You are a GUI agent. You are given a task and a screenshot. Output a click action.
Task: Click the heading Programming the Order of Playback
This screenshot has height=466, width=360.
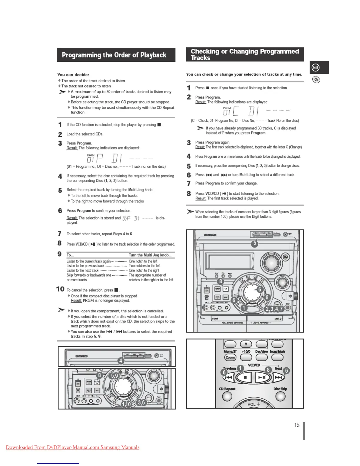pyautogui.click(x=114, y=55)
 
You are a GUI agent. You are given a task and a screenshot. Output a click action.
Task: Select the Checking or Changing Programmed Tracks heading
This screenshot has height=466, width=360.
pyautogui.click(x=245, y=54)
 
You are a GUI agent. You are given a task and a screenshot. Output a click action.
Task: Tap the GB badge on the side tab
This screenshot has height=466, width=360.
pyautogui.click(x=316, y=67)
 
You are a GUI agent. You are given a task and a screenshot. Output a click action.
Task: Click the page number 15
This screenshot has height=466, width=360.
pyautogui.click(x=297, y=425)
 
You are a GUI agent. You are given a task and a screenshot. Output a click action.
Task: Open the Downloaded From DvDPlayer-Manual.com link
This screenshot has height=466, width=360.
pyautogui.click(x=73, y=447)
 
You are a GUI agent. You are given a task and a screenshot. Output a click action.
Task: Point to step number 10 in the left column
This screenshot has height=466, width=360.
pyautogui.click(x=60, y=289)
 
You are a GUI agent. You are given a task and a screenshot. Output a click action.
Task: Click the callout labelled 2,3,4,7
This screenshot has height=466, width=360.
pyautogui.click(x=274, y=309)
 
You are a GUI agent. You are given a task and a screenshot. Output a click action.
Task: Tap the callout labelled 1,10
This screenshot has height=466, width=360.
pyautogui.click(x=126, y=404)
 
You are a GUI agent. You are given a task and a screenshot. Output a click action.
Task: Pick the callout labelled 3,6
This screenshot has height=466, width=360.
pyautogui.click(x=141, y=402)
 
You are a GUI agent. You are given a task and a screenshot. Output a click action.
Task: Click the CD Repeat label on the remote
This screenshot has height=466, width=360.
pyautogui.click(x=227, y=389)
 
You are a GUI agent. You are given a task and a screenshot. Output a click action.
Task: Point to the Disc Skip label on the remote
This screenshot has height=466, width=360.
pyautogui.click(x=280, y=389)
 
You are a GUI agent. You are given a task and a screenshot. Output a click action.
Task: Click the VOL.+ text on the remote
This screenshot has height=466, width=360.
pyautogui.click(x=254, y=404)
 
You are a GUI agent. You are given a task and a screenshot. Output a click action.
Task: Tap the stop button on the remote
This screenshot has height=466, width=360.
pyautogui.click(x=245, y=377)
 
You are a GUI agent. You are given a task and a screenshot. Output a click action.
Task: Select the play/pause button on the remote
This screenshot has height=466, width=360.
pyautogui.click(x=262, y=377)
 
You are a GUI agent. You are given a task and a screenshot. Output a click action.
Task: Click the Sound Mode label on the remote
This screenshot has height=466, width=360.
pyautogui.click(x=277, y=352)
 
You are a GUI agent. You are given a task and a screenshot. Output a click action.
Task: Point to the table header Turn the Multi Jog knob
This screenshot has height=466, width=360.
pyautogui.click(x=150, y=255)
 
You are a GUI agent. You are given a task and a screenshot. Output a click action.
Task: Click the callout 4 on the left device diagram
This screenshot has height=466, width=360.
pyautogui.click(x=121, y=361)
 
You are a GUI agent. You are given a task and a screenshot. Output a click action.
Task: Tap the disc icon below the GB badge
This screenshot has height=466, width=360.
pyautogui.click(x=316, y=80)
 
